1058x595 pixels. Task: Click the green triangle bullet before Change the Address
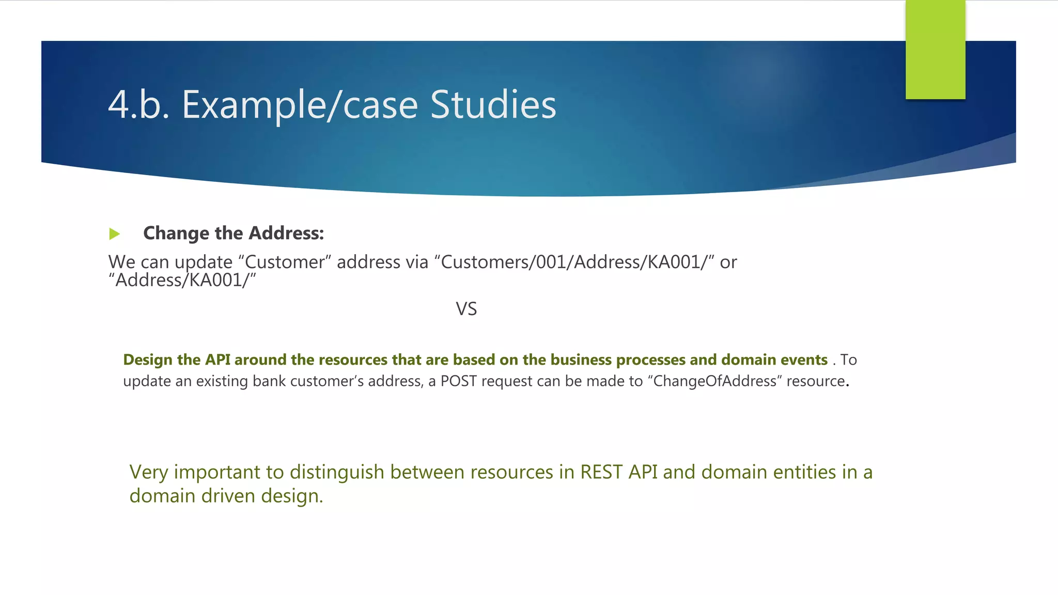(x=115, y=234)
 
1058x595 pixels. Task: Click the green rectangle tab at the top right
(x=935, y=50)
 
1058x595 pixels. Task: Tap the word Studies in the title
(x=493, y=105)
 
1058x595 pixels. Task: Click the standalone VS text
(x=466, y=309)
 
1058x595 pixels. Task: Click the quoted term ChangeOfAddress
(x=715, y=381)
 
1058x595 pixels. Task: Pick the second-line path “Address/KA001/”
(x=182, y=280)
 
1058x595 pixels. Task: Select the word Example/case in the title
(x=300, y=105)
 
